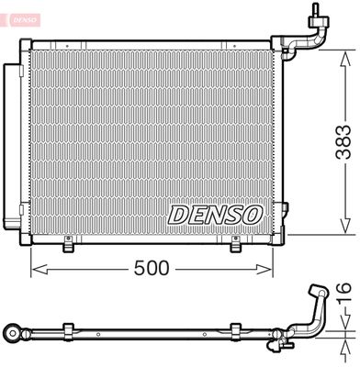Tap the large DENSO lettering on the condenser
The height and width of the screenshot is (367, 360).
[216, 214]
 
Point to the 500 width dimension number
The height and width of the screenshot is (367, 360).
[152, 269]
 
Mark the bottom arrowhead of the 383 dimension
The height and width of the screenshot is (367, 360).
[344, 237]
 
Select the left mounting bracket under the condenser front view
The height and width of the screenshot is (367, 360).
[69, 244]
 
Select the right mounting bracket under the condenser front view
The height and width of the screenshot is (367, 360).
[236, 244]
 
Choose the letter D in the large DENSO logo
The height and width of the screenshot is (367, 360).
[177, 214]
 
